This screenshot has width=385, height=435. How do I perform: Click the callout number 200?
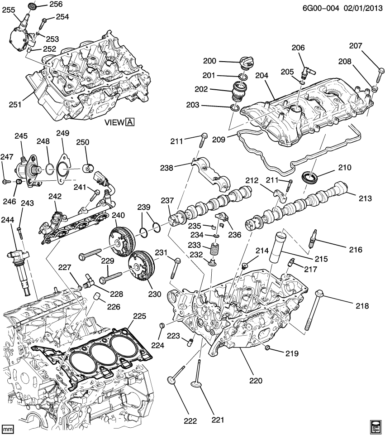tap(223, 62)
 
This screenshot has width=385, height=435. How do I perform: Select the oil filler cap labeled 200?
tap(243, 65)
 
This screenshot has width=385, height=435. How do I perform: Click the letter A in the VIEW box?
tap(130, 122)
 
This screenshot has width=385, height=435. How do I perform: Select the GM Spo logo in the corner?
tap(376, 426)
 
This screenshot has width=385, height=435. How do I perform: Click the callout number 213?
tap(365, 198)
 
